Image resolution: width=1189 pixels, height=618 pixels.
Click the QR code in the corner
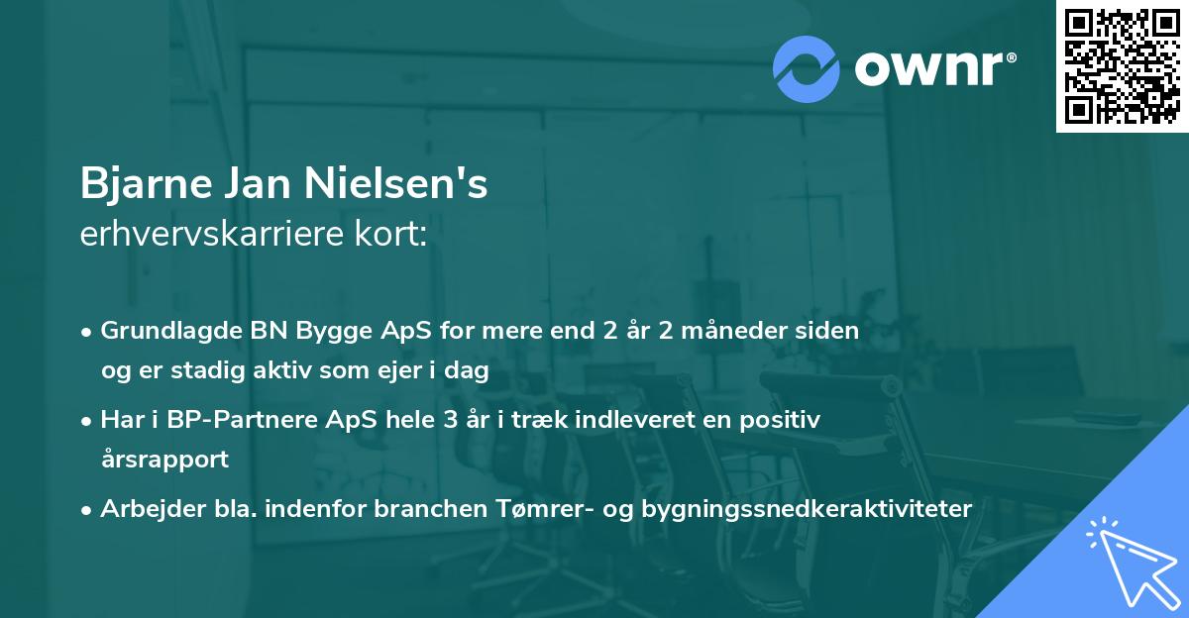[x=1123, y=65]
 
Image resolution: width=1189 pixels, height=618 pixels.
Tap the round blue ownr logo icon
[x=807, y=67]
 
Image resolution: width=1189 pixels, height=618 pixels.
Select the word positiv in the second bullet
[x=785, y=420]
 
